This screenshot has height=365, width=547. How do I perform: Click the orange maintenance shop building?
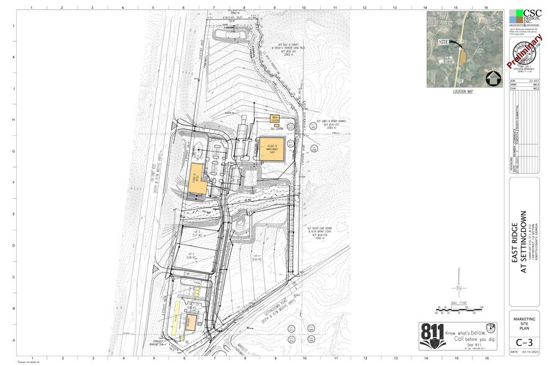tap(272, 149)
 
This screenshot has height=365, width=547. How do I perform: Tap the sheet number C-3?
tap(523, 341)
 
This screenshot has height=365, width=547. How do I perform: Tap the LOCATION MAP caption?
tap(461, 91)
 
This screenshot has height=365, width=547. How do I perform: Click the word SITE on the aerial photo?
tap(443, 42)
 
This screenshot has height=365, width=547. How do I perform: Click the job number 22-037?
tap(533, 81)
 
